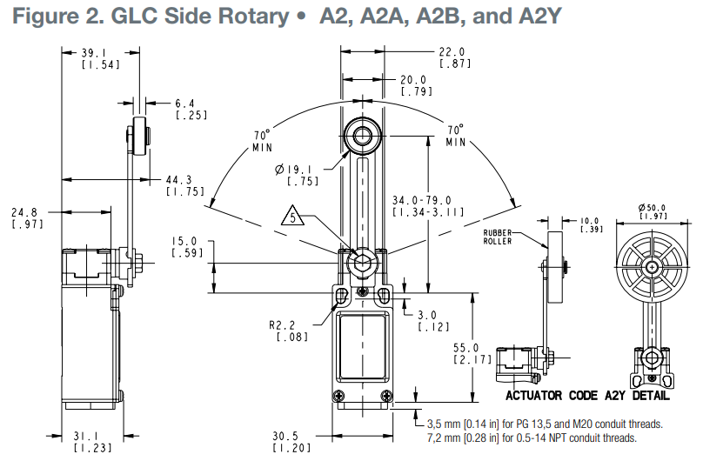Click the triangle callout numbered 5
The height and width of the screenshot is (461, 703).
[292, 217]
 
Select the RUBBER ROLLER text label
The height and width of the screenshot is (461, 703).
[498, 237]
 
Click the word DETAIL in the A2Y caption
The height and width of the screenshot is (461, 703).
[652, 396]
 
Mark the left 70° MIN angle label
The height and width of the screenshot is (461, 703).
[262, 141]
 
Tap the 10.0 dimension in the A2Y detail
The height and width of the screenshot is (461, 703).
[592, 225]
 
